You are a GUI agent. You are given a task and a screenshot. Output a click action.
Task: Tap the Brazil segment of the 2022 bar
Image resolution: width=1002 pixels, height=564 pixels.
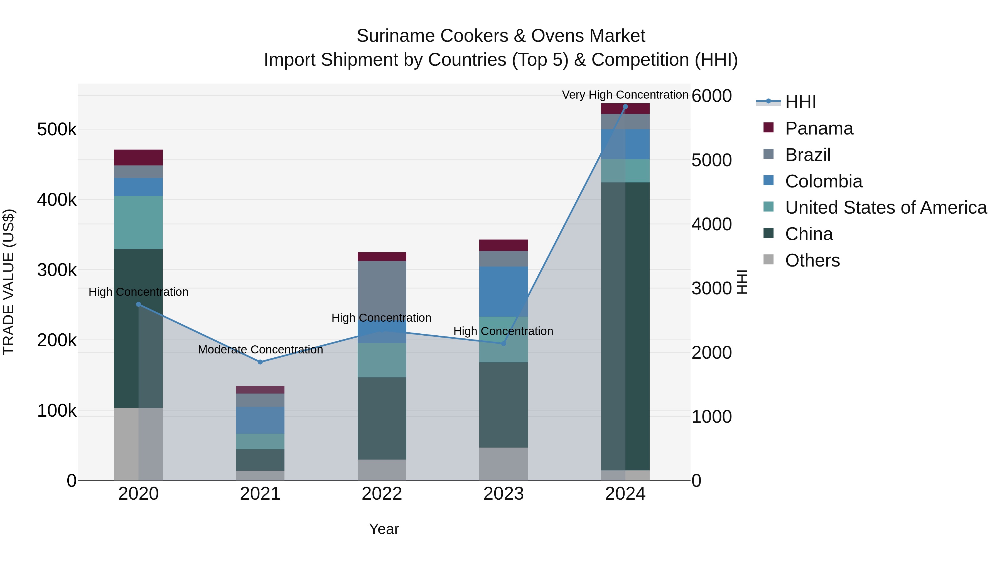pyautogui.click(x=382, y=288)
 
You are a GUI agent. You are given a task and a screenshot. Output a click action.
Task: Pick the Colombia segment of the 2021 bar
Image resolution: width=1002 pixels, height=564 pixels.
pyautogui.click(x=260, y=420)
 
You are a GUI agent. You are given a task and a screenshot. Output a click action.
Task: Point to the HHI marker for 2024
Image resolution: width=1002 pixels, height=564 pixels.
pyautogui.click(x=625, y=107)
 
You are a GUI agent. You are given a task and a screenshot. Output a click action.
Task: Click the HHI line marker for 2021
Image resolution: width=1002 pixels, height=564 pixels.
pyautogui.click(x=260, y=362)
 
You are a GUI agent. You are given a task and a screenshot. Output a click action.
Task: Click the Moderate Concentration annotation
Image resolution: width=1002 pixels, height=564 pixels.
pyautogui.click(x=260, y=350)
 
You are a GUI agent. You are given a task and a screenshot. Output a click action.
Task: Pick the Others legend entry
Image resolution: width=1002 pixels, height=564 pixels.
pyautogui.click(x=812, y=260)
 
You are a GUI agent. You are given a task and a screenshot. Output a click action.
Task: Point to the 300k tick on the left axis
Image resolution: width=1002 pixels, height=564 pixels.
pyautogui.click(x=57, y=270)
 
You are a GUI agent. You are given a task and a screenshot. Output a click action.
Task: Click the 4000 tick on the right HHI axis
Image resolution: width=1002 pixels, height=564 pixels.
pyautogui.click(x=711, y=224)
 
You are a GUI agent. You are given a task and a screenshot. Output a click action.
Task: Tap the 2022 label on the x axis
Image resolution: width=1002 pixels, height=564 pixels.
pyautogui.click(x=382, y=494)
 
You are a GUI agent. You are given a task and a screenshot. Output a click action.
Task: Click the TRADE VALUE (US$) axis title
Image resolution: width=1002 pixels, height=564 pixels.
pyautogui.click(x=9, y=282)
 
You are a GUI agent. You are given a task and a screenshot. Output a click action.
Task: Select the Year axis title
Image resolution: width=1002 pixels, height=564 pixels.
pyautogui.click(x=384, y=529)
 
